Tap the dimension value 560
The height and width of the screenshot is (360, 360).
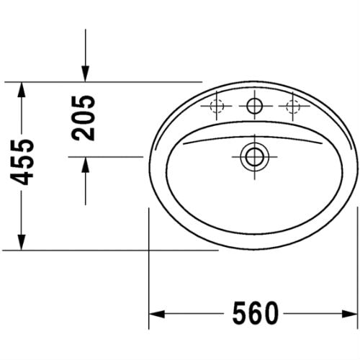255,314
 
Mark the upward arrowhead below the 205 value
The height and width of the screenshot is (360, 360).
86,166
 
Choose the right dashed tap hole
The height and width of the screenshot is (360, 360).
292,107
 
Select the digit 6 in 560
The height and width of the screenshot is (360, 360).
255,314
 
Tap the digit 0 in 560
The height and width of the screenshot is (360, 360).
271,314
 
